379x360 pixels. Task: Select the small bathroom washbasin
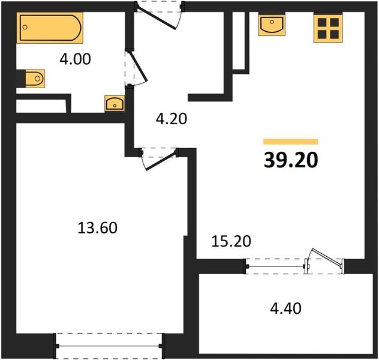click(x=115, y=104)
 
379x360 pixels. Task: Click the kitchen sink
click(x=273, y=26)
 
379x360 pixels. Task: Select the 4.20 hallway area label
click(x=172, y=118)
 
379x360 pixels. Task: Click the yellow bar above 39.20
click(x=291, y=142)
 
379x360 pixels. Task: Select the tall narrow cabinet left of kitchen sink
click(x=239, y=41)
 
